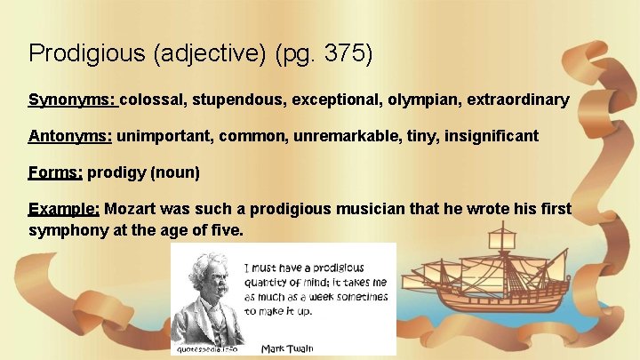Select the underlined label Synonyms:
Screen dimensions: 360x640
click(72, 100)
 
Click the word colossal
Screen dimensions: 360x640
click(153, 100)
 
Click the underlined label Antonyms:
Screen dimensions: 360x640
click(70, 137)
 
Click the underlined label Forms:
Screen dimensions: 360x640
click(55, 173)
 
